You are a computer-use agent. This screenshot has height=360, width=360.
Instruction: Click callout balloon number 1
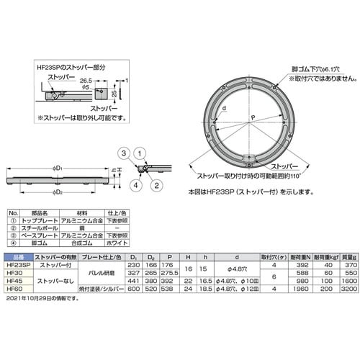[x=141, y=152]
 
